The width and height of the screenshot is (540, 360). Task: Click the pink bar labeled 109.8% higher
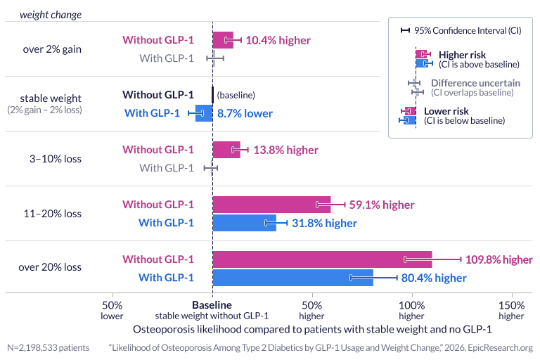pyautogui.click(x=322, y=259)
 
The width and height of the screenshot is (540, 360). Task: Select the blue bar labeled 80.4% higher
pyautogui.click(x=292, y=278)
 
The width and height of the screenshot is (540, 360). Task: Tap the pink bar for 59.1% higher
pyautogui.click(x=271, y=205)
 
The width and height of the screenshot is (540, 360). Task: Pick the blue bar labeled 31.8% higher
pyautogui.click(x=244, y=223)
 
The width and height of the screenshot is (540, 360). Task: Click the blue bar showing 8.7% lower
pyautogui.click(x=204, y=113)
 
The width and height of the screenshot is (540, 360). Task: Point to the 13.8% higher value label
pyautogui.click(x=286, y=150)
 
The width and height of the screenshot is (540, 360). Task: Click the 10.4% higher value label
pyautogui.click(x=278, y=40)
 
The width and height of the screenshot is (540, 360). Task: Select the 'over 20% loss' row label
pyautogui.click(x=50, y=267)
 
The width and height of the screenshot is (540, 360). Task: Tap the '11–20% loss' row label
pyautogui.click(x=50, y=213)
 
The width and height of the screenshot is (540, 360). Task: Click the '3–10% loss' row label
pyautogui.click(x=50, y=159)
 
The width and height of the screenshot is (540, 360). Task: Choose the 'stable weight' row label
pyautogui.click(x=50, y=98)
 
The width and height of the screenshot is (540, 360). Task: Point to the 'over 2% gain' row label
pyautogui.click(x=50, y=49)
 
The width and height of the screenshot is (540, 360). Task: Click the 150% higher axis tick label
pyautogui.click(x=511, y=311)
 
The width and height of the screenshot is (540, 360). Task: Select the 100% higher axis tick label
pyautogui.click(x=411, y=311)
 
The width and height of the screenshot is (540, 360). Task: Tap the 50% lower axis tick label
pyautogui.click(x=112, y=311)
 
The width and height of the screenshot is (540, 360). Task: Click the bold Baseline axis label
pyautogui.click(x=212, y=306)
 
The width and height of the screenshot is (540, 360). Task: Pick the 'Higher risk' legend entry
pyautogui.click(x=462, y=55)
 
